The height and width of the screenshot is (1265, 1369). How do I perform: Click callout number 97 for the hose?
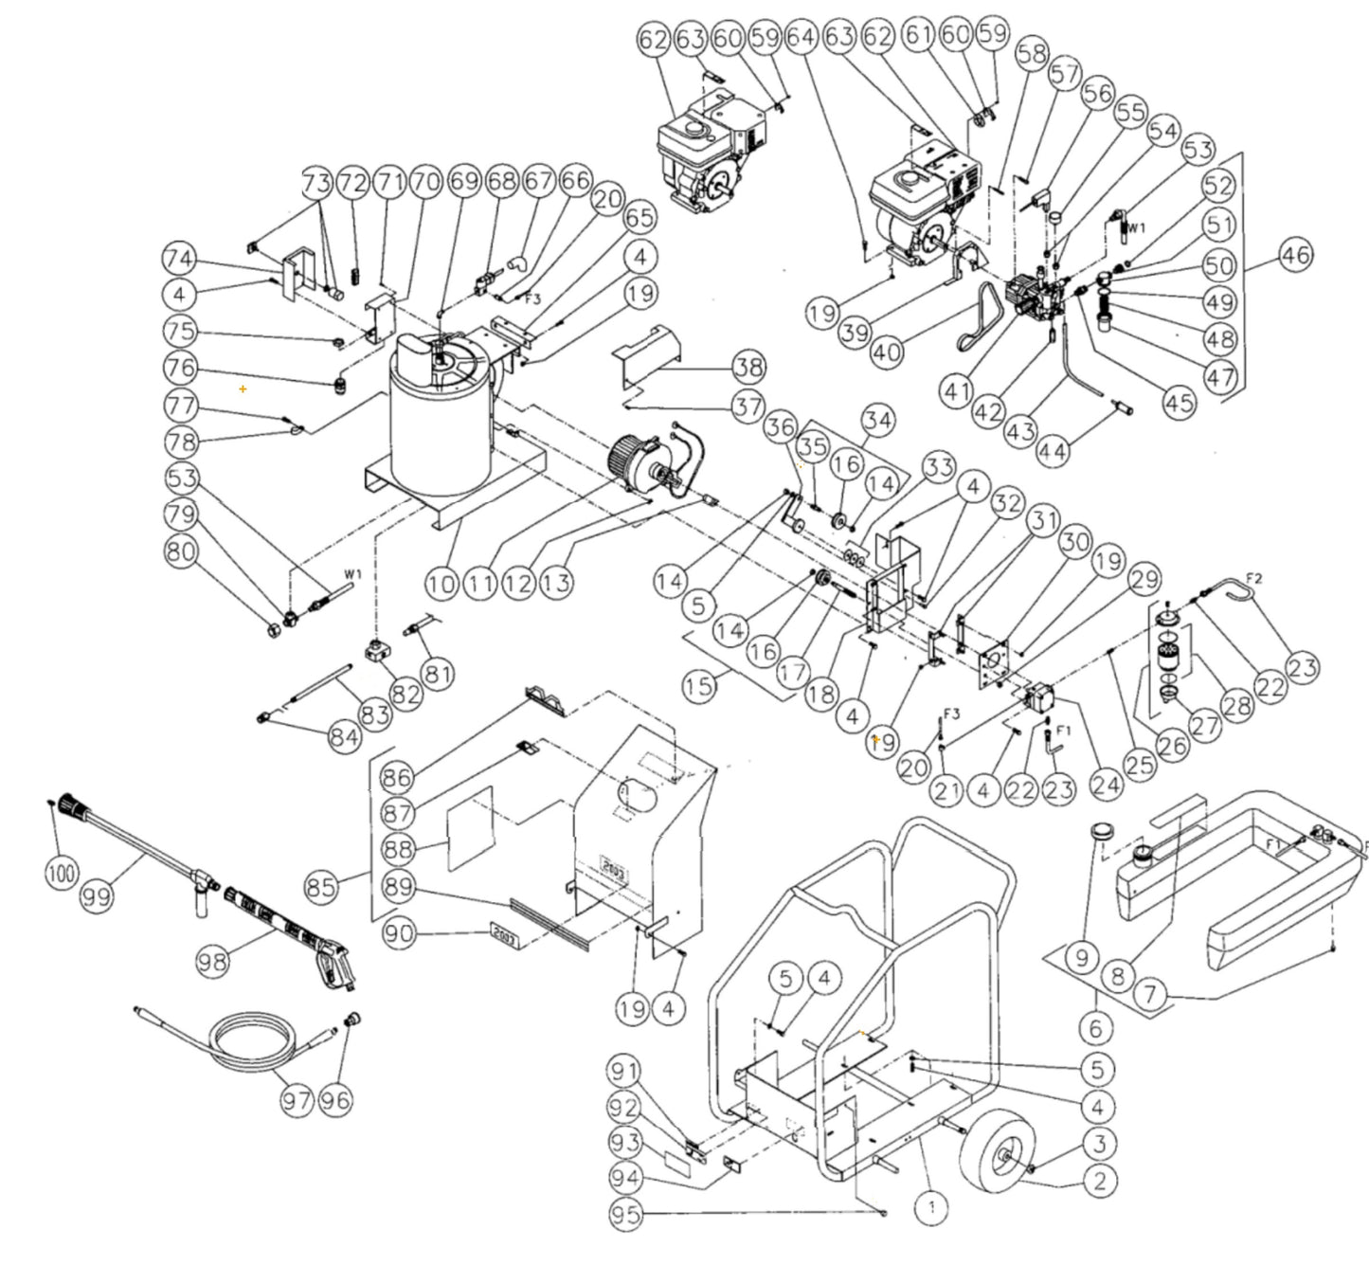click(297, 1100)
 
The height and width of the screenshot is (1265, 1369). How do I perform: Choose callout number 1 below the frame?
click(932, 1207)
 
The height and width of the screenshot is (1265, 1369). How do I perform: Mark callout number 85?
click(322, 888)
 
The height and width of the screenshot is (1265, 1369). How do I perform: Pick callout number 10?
click(441, 582)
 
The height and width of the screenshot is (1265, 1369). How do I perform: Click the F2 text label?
click(1253, 577)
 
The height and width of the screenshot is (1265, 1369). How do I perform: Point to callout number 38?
click(748, 368)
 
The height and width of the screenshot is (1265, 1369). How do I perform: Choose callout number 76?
click(180, 369)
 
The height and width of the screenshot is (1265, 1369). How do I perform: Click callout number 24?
click(1106, 784)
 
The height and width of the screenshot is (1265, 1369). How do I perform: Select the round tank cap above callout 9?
click(1099, 831)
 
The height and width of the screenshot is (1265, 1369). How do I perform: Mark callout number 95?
click(626, 1216)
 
